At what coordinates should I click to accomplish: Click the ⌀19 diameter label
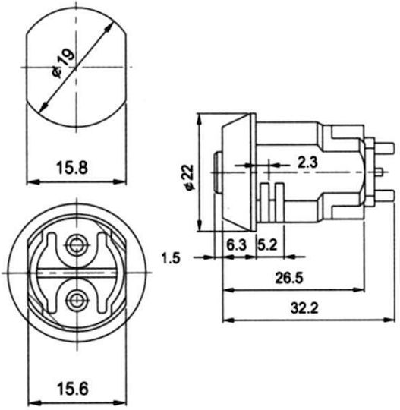click(x=63, y=62)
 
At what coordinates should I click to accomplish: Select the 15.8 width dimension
click(x=72, y=168)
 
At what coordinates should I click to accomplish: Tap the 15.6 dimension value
click(x=73, y=389)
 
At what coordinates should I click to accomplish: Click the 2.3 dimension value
click(x=307, y=162)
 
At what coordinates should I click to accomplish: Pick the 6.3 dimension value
click(x=236, y=245)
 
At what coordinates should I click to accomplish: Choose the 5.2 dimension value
click(x=267, y=245)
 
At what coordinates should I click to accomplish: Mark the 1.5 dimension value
click(x=171, y=258)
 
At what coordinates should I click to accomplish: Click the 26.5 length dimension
click(x=289, y=278)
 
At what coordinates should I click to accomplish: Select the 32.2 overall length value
click(x=304, y=308)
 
